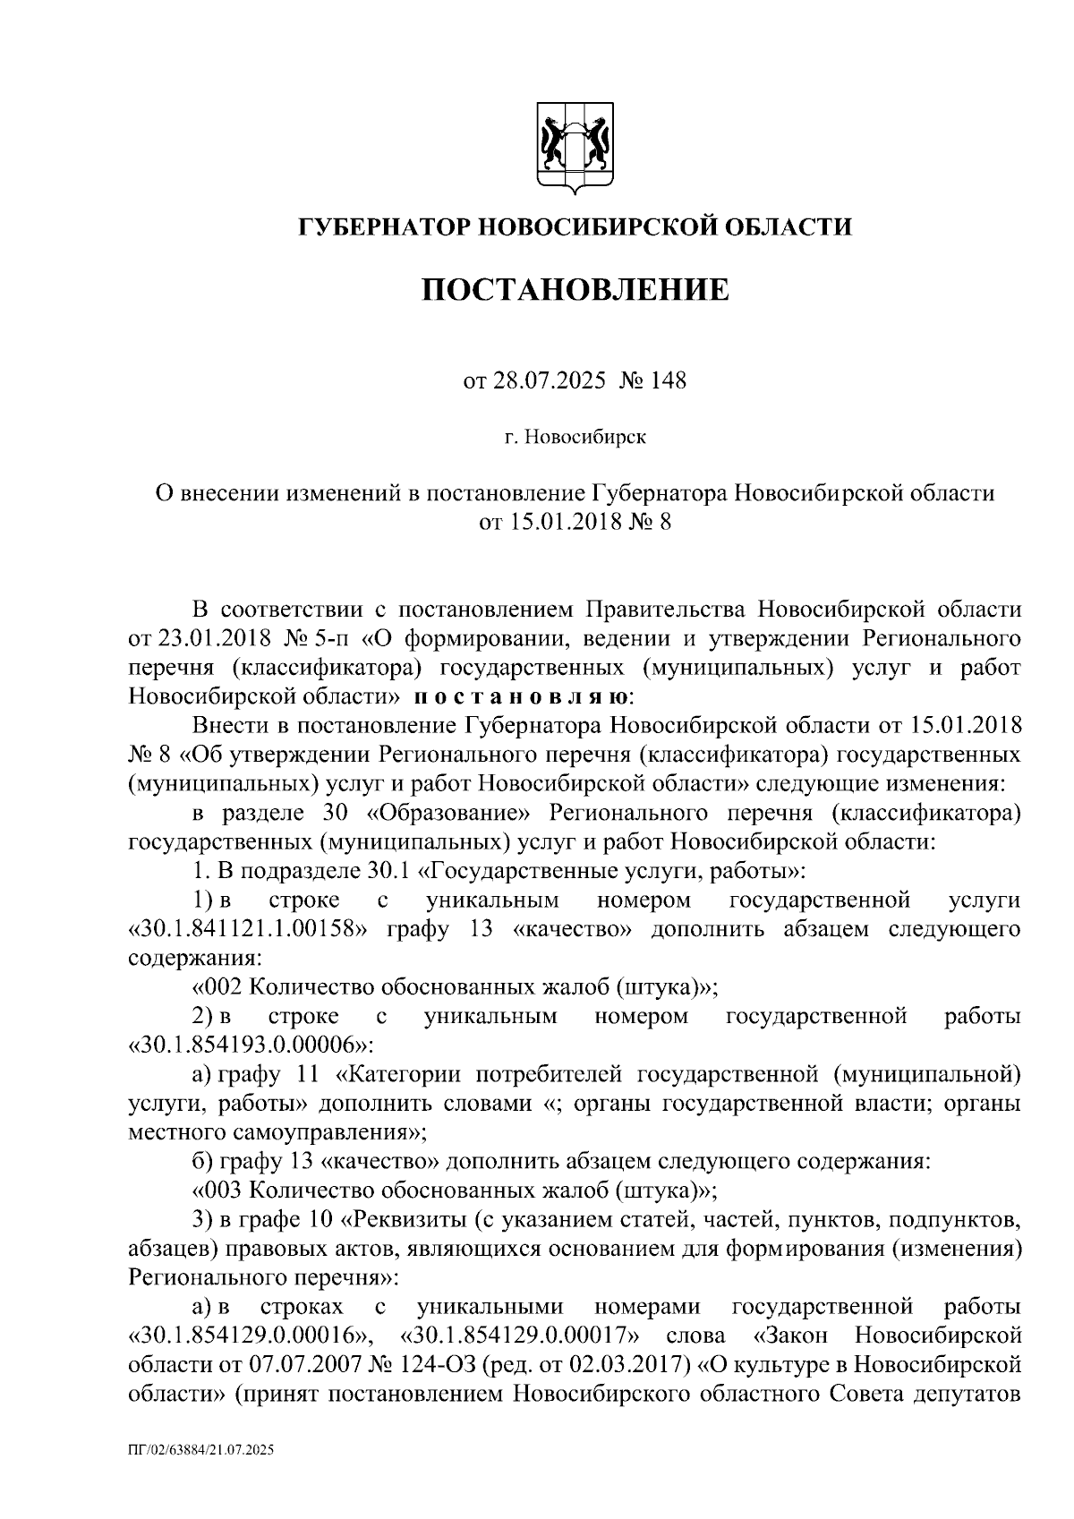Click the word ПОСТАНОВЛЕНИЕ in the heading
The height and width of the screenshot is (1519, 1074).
pos(575,290)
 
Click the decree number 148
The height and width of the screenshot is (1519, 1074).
pos(668,381)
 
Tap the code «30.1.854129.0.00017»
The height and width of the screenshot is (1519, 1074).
pos(524,1336)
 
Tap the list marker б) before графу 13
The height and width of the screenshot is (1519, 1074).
pos(201,1162)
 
